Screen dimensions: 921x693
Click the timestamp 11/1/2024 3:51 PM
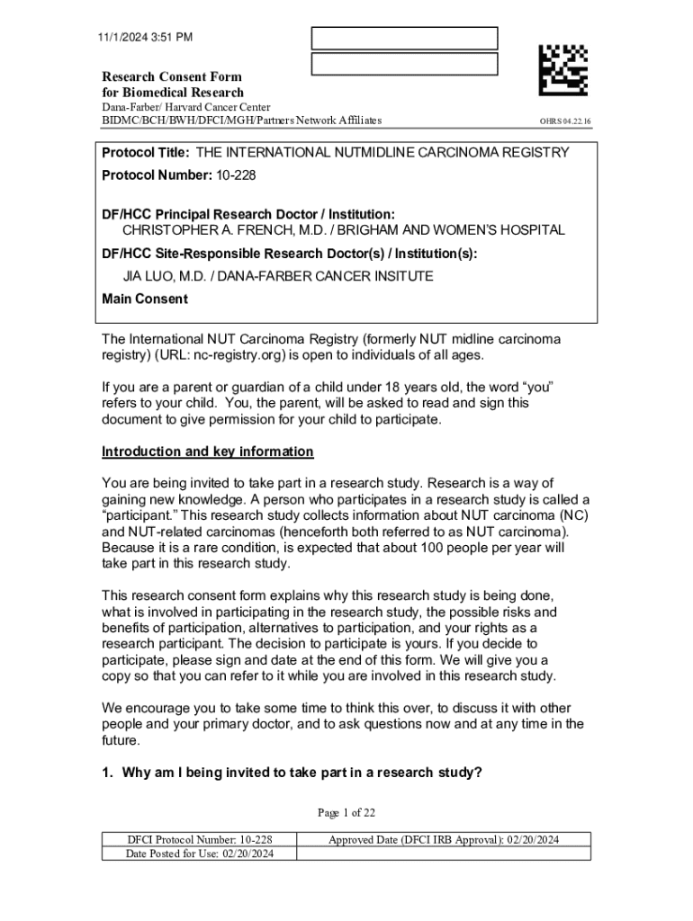(146, 37)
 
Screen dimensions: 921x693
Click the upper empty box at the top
(404, 39)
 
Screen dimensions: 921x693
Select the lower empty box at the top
(404, 65)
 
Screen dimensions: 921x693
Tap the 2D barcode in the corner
(563, 71)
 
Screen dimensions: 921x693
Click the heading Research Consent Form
(171, 76)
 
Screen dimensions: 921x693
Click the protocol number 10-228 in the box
(236, 175)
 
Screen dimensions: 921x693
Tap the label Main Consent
(145, 300)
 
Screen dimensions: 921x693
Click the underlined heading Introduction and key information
(207, 452)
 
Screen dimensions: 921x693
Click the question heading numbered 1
(292, 772)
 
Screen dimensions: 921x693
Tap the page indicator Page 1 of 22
(346, 813)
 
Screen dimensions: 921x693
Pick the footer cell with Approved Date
(444, 840)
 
